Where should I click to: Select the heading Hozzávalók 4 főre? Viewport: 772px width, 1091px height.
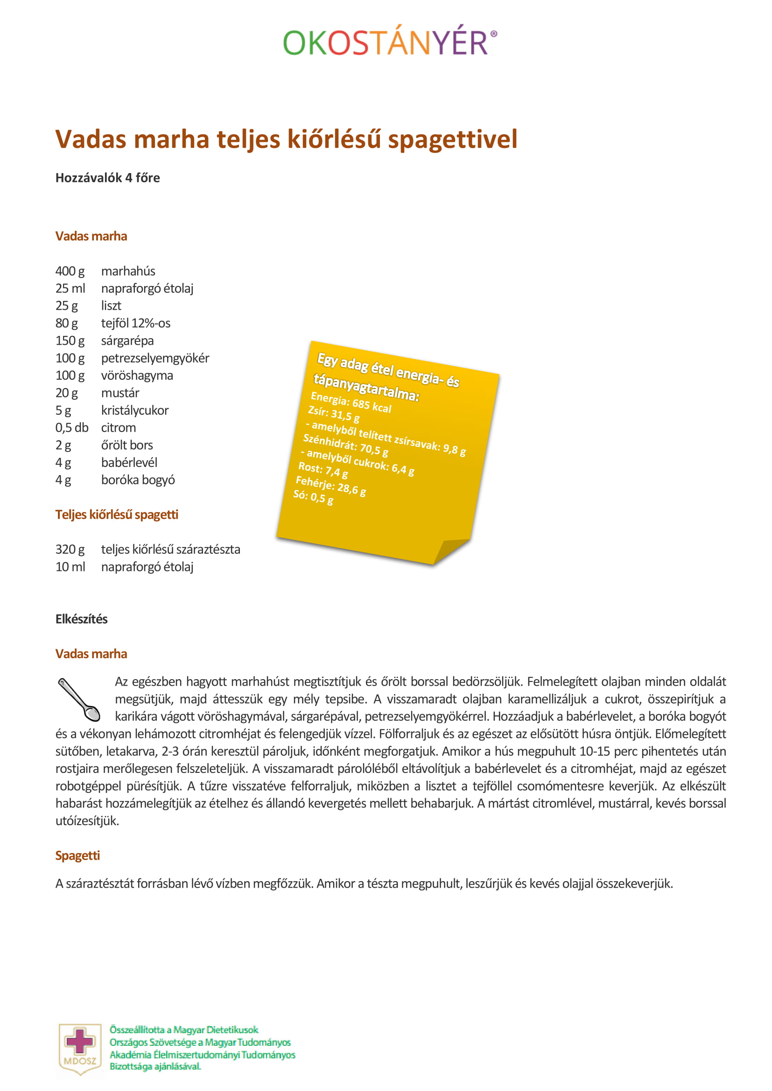(x=107, y=178)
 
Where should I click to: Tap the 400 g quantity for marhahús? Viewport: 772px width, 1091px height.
(x=70, y=271)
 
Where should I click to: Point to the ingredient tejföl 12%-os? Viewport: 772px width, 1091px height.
(x=135, y=323)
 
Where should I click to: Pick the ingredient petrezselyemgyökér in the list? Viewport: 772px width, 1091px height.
(x=155, y=358)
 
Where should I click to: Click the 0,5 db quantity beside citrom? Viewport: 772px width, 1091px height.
(x=72, y=428)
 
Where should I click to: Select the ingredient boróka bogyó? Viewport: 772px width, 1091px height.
(x=138, y=480)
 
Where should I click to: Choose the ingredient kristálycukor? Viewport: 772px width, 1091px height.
(x=134, y=410)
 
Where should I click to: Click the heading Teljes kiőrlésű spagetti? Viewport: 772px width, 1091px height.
(x=117, y=514)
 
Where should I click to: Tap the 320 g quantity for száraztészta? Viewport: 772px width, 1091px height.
(x=70, y=549)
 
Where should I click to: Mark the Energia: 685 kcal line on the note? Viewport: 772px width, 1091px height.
(x=351, y=403)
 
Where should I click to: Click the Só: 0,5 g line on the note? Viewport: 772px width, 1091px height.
(x=313, y=497)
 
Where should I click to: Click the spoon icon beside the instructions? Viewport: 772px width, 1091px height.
(x=79, y=700)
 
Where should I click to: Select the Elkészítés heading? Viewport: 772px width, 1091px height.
(x=81, y=619)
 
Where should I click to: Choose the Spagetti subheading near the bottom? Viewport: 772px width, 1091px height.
(x=77, y=856)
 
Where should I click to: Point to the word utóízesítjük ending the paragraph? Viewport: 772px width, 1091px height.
(x=87, y=821)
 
